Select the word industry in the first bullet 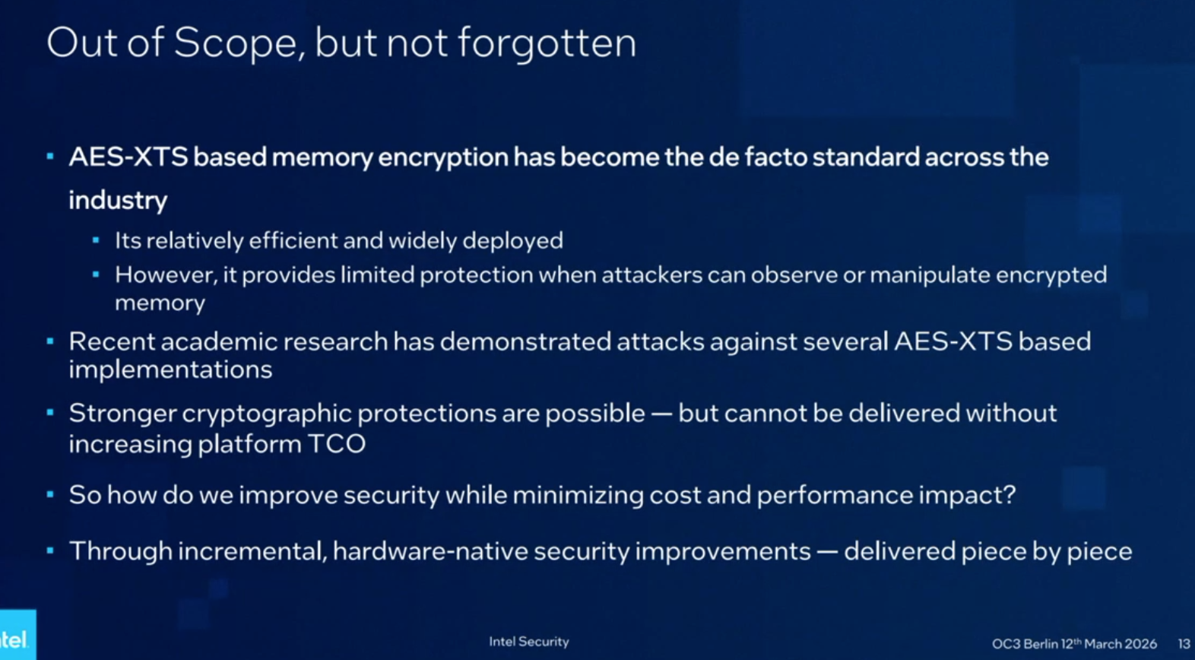pyautogui.click(x=118, y=200)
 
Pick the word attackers pyautogui.click(x=651, y=274)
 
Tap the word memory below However pyautogui.click(x=160, y=303)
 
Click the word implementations pyautogui.click(x=170, y=370)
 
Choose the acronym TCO pyautogui.click(x=337, y=443)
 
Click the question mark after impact pyautogui.click(x=1010, y=495)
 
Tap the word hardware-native pyautogui.click(x=430, y=551)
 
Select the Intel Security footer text pyautogui.click(x=528, y=642)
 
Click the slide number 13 pyautogui.click(x=1184, y=643)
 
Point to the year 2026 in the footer pyautogui.click(x=1140, y=644)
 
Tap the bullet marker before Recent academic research pyautogui.click(x=50, y=341)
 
